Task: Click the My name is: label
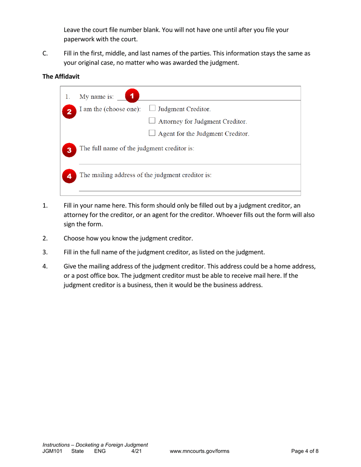point(94,95)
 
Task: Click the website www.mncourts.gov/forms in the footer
point(199,451)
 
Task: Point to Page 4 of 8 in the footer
point(305,451)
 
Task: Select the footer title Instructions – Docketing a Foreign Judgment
point(95,445)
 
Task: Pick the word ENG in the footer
point(100,451)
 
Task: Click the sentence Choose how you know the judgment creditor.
point(128,238)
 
